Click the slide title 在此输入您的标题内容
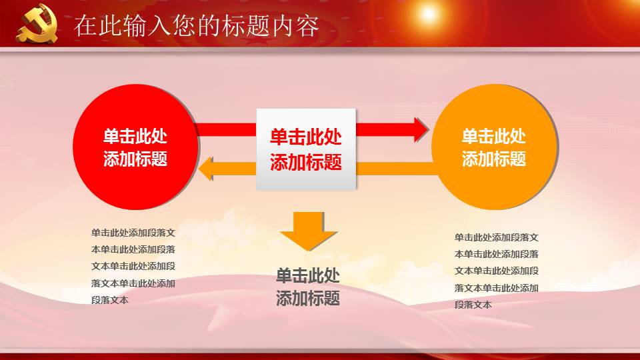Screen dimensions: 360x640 pyautogui.click(x=196, y=26)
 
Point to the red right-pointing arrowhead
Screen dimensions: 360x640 pyautogui.click(x=421, y=129)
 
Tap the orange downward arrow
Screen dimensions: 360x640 pyautogui.click(x=309, y=230)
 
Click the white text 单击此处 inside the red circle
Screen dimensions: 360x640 pyautogui.click(x=135, y=137)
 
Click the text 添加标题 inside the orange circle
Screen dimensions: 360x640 pyautogui.click(x=494, y=159)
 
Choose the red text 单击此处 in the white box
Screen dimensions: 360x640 pyautogui.click(x=306, y=137)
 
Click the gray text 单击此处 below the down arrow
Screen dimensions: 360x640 pyautogui.click(x=308, y=276)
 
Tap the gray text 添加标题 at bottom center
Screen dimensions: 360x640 pyautogui.click(x=308, y=298)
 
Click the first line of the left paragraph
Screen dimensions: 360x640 pyautogui.click(x=133, y=233)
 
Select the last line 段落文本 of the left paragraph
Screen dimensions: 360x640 pyautogui.click(x=110, y=300)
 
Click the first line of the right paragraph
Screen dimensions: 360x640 pyautogui.click(x=497, y=237)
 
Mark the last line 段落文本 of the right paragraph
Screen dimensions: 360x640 pyautogui.click(x=473, y=305)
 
